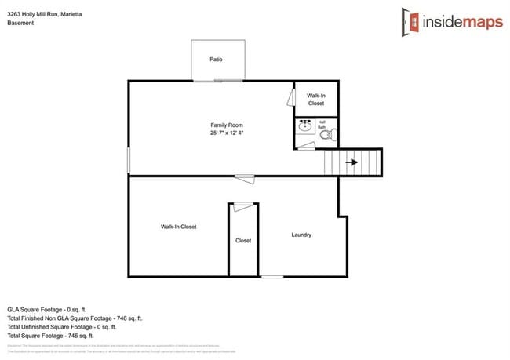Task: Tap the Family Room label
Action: [226, 125]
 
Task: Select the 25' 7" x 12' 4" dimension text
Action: [226, 133]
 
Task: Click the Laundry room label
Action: [301, 235]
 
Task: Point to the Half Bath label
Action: [321, 124]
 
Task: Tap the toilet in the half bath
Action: [327, 135]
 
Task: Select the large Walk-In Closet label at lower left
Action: [178, 227]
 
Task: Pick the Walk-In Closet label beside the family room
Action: [315, 99]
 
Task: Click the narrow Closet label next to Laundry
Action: [243, 241]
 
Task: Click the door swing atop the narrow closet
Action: [243, 205]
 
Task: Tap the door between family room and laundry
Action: [244, 178]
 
